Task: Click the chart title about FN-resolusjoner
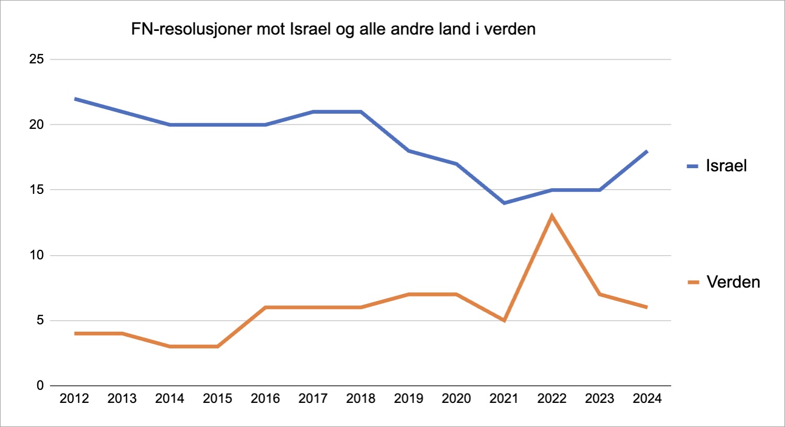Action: point(333,29)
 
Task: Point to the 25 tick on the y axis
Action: point(36,59)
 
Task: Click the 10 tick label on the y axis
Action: point(36,255)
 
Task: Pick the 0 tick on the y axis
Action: point(40,386)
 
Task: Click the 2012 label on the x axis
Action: point(74,399)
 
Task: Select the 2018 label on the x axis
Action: point(361,399)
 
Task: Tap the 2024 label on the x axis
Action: point(647,399)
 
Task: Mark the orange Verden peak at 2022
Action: point(552,216)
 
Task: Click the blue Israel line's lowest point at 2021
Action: point(504,203)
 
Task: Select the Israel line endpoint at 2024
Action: point(647,151)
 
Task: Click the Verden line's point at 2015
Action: point(217,346)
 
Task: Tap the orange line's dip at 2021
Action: point(504,320)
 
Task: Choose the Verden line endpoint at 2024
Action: point(647,308)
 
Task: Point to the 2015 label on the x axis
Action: point(217,399)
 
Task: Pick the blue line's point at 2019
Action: point(408,151)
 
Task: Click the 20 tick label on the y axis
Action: point(36,125)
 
